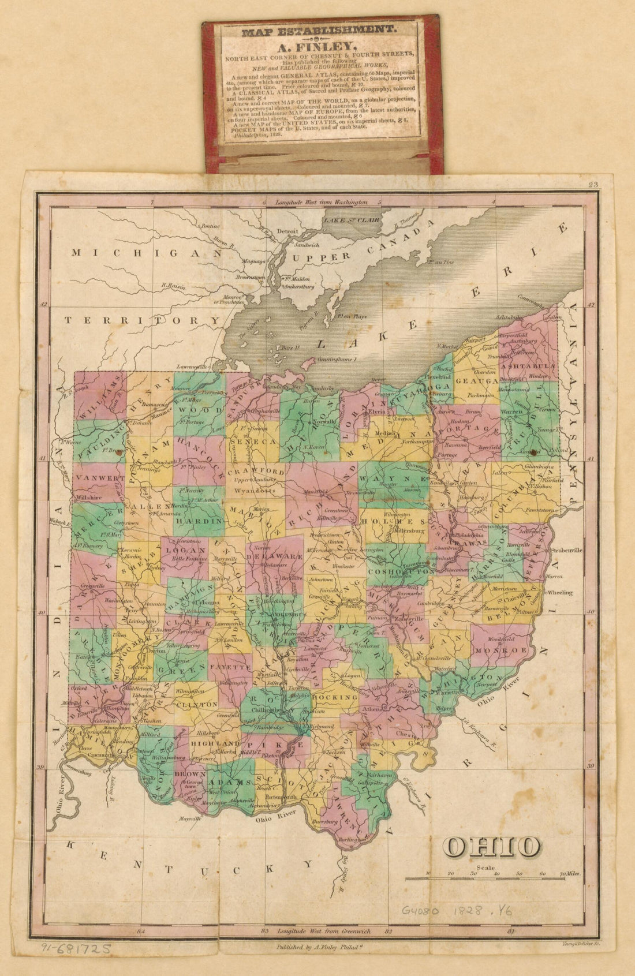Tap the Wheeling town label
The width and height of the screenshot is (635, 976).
click(x=559, y=592)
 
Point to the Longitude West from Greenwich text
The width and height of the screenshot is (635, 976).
click(x=323, y=931)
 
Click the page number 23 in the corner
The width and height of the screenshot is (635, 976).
click(x=592, y=185)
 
